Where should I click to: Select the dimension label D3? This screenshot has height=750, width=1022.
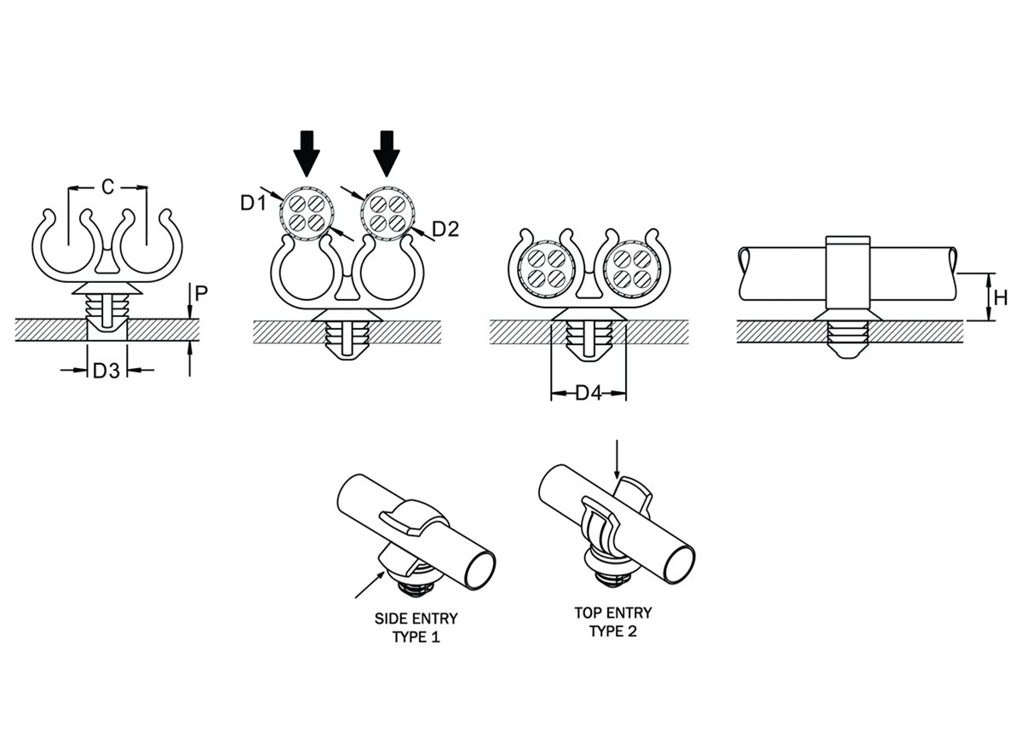click(106, 371)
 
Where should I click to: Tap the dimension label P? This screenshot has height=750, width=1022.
click(201, 294)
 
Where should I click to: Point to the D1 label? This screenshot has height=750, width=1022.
click(252, 203)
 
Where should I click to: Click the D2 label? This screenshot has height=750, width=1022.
click(445, 228)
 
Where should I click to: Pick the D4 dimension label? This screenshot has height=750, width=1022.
click(589, 394)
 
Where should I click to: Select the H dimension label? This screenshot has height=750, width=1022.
click(1001, 297)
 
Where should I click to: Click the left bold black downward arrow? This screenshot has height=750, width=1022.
click(307, 153)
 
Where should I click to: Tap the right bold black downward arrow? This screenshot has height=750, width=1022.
click(388, 153)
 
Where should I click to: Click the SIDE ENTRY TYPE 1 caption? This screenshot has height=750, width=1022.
click(416, 627)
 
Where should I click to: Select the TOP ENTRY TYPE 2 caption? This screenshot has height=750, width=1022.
click(613, 622)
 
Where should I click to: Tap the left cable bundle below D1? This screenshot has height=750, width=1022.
click(305, 211)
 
